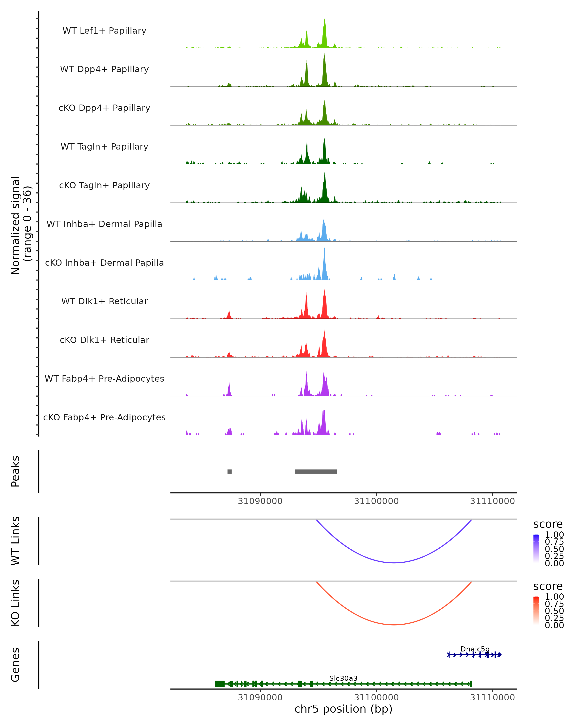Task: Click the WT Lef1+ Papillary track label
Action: [x=104, y=31]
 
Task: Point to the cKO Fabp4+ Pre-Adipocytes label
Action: [x=104, y=417]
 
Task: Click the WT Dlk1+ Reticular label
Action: [x=104, y=301]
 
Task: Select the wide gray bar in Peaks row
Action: [x=316, y=471]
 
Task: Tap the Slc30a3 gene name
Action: [x=343, y=678]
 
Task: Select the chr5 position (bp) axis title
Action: [x=343, y=709]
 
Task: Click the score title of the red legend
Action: [x=548, y=586]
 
